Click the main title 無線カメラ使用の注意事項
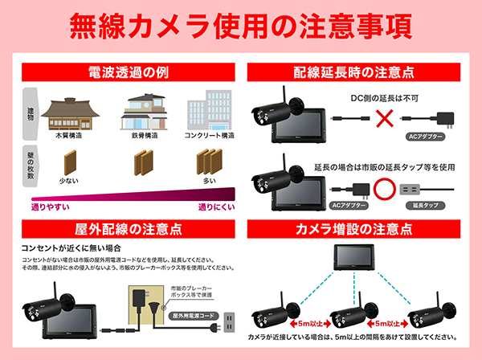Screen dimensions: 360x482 (x=241, y=26)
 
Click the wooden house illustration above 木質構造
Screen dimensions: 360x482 (x=68, y=116)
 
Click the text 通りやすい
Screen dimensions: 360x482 (x=49, y=207)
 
